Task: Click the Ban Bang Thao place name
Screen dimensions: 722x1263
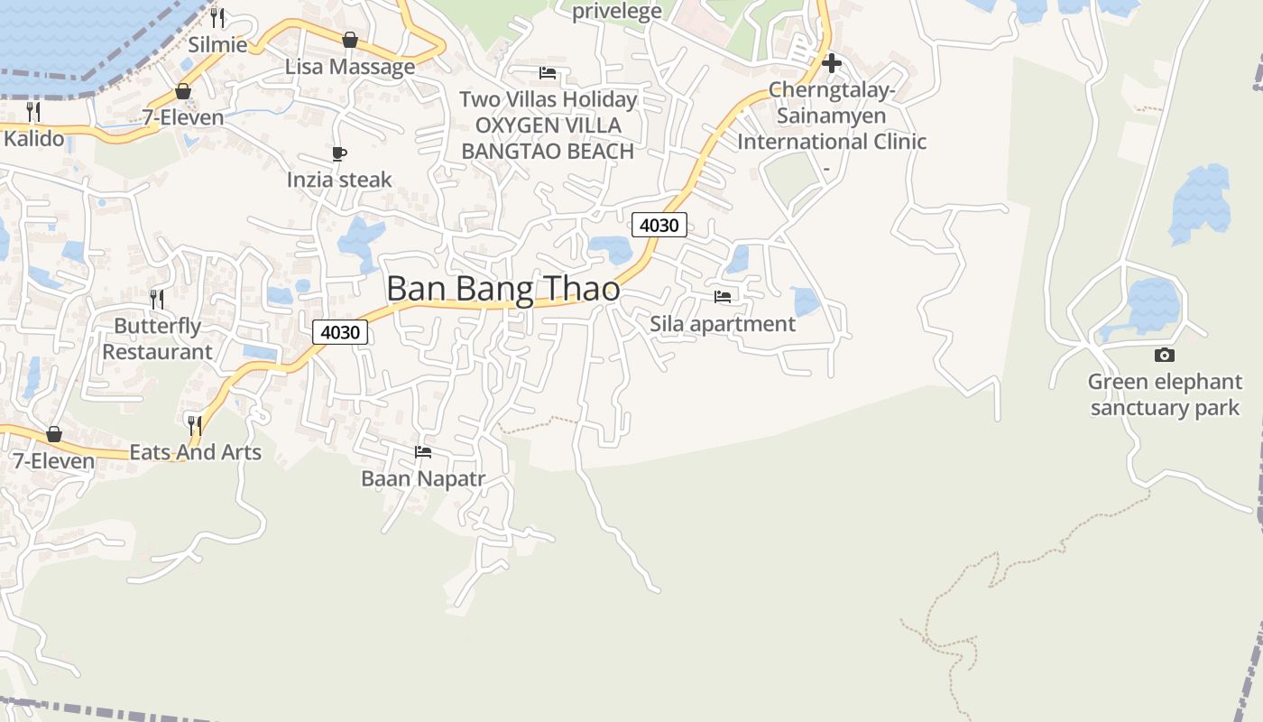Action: [503, 289]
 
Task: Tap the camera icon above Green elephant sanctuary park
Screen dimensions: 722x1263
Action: [1165, 356]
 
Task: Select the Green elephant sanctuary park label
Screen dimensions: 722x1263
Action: [1165, 395]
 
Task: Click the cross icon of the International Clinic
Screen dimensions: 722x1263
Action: [832, 63]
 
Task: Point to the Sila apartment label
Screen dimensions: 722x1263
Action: [723, 324]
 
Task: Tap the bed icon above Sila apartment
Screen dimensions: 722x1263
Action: [723, 296]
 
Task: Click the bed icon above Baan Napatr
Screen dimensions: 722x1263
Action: [423, 451]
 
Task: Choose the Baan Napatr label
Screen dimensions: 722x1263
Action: [423, 479]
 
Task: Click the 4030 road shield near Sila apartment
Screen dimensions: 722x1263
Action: [659, 225]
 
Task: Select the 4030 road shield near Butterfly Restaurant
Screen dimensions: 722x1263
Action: [340, 332]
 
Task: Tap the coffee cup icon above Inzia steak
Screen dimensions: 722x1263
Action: [339, 154]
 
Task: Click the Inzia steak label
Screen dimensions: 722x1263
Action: [339, 180]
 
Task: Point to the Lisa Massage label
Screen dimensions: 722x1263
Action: [350, 67]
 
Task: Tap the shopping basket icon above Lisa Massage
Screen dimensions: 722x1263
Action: [350, 40]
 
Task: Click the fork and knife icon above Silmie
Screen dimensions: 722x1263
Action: [217, 17]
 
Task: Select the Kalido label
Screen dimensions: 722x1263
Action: [34, 139]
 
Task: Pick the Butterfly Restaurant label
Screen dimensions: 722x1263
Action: [157, 339]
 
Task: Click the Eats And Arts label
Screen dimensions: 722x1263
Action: [196, 452]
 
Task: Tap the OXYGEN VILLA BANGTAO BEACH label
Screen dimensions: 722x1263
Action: [548, 138]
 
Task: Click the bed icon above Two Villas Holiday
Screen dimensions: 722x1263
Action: [548, 73]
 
